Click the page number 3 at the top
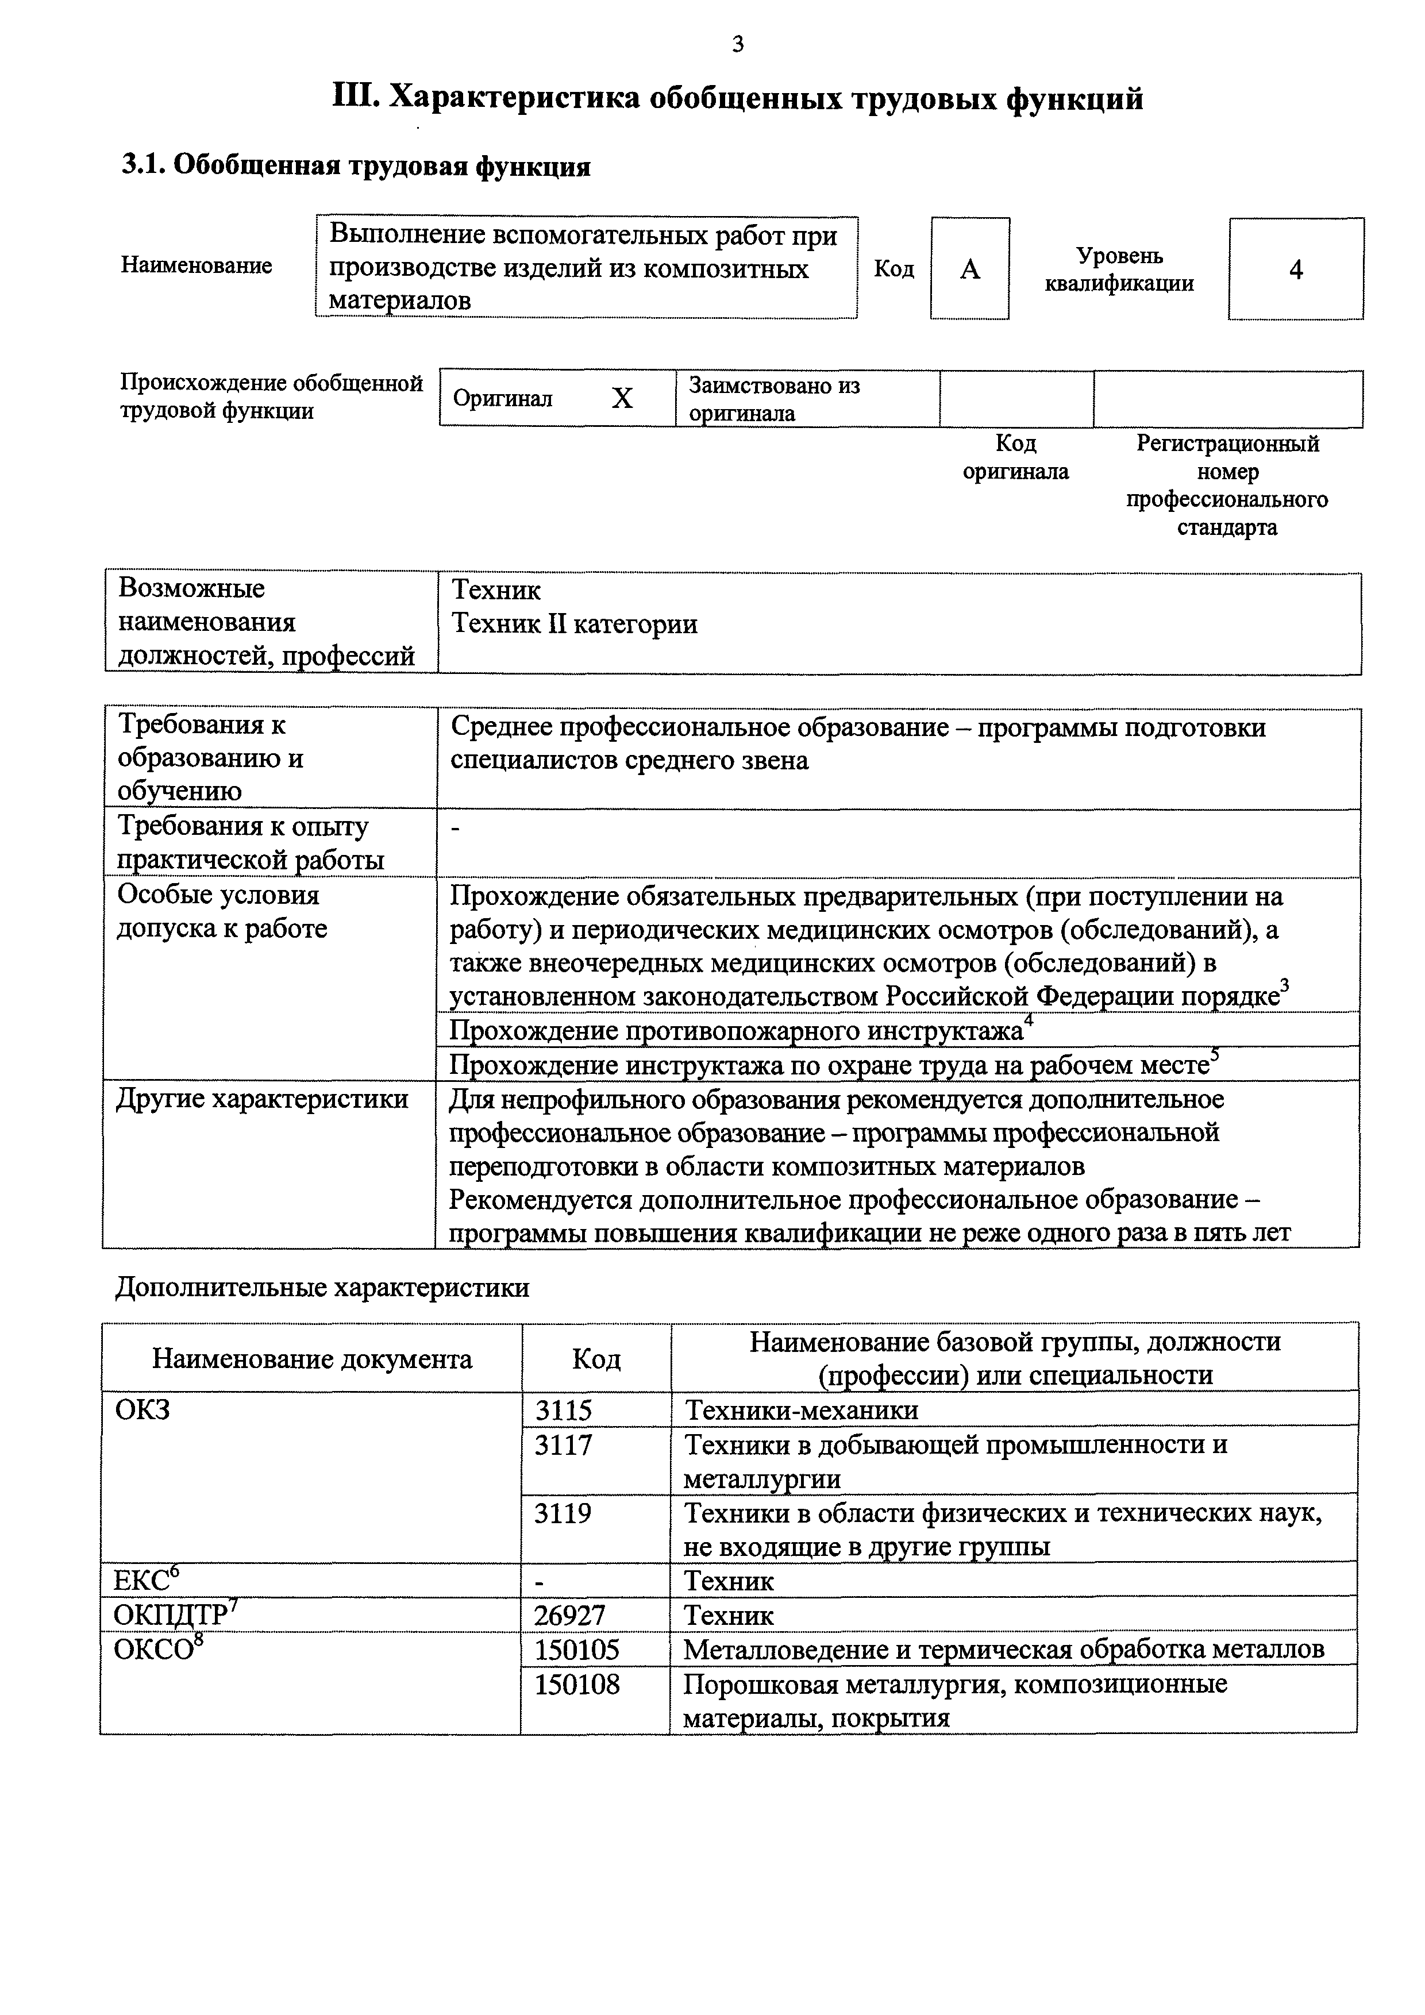point(737,44)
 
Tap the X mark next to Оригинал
point(622,399)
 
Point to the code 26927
point(571,1616)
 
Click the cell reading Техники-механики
point(801,1411)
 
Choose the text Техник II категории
point(574,625)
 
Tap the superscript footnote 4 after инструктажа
point(1029,1019)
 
